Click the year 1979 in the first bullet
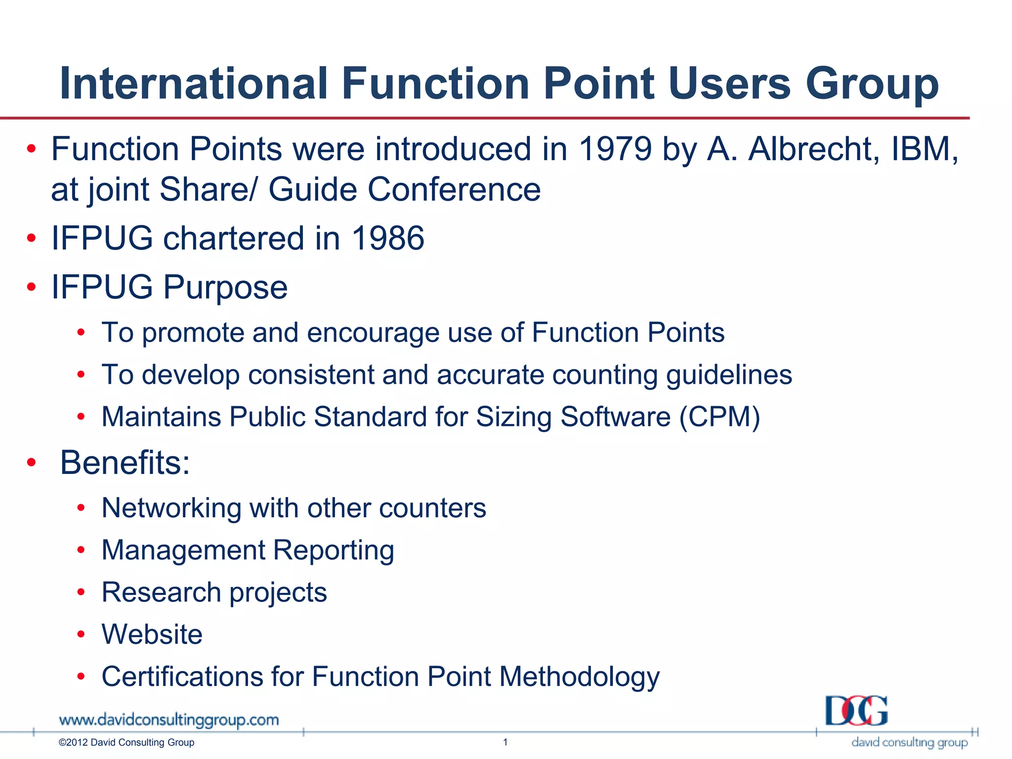615,149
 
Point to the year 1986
387,238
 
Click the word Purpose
225,288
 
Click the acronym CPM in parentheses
719,417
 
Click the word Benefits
124,463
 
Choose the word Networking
171,508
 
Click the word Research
161,592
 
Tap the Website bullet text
152,634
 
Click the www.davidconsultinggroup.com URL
169,720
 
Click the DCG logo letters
856,711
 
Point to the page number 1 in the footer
505,742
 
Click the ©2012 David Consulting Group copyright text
126,742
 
